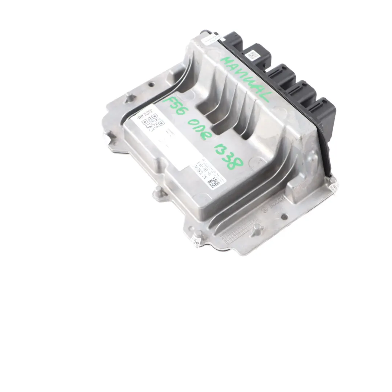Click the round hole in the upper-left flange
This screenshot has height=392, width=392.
[x=151, y=85]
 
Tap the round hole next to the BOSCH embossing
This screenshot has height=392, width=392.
[x=284, y=217]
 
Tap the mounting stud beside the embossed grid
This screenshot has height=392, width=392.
[x=257, y=228]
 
